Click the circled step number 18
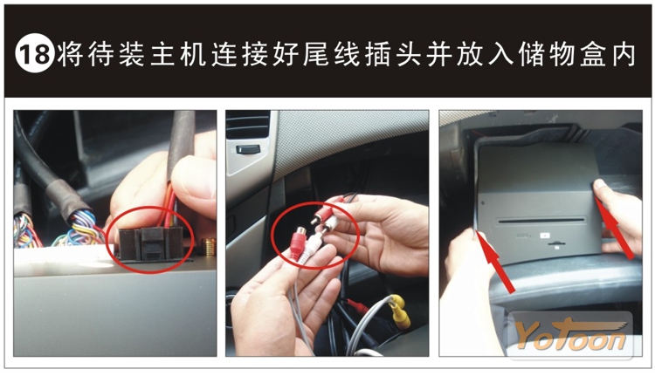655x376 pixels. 35,53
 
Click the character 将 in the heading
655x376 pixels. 70,54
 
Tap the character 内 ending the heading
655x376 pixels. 624,54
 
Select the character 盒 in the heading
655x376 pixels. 593,54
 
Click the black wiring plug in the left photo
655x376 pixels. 151,243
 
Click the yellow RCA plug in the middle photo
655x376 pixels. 400,311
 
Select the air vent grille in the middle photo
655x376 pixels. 247,125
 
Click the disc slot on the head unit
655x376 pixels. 541,220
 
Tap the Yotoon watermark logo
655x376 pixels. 570,335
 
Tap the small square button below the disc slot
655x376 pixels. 545,235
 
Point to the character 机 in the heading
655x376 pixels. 193,54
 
